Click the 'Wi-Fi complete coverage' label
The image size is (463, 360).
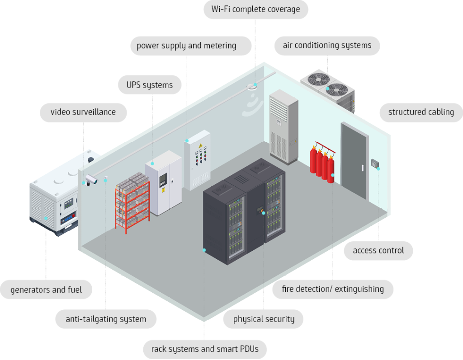(x=255, y=9)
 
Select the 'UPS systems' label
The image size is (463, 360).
(x=150, y=85)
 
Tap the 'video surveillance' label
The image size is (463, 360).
(x=83, y=112)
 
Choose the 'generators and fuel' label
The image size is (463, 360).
(x=46, y=290)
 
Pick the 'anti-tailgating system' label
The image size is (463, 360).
(x=106, y=319)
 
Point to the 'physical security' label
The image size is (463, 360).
(x=264, y=319)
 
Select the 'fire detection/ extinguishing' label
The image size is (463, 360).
(x=333, y=289)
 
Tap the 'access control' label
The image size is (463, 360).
(x=378, y=250)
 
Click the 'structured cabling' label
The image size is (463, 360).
(x=421, y=112)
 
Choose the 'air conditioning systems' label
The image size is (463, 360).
(x=327, y=45)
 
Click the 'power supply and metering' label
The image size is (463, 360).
(x=186, y=46)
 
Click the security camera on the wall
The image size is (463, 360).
(x=91, y=179)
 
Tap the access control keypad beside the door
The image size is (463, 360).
(x=374, y=164)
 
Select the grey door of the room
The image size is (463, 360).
(x=354, y=160)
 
